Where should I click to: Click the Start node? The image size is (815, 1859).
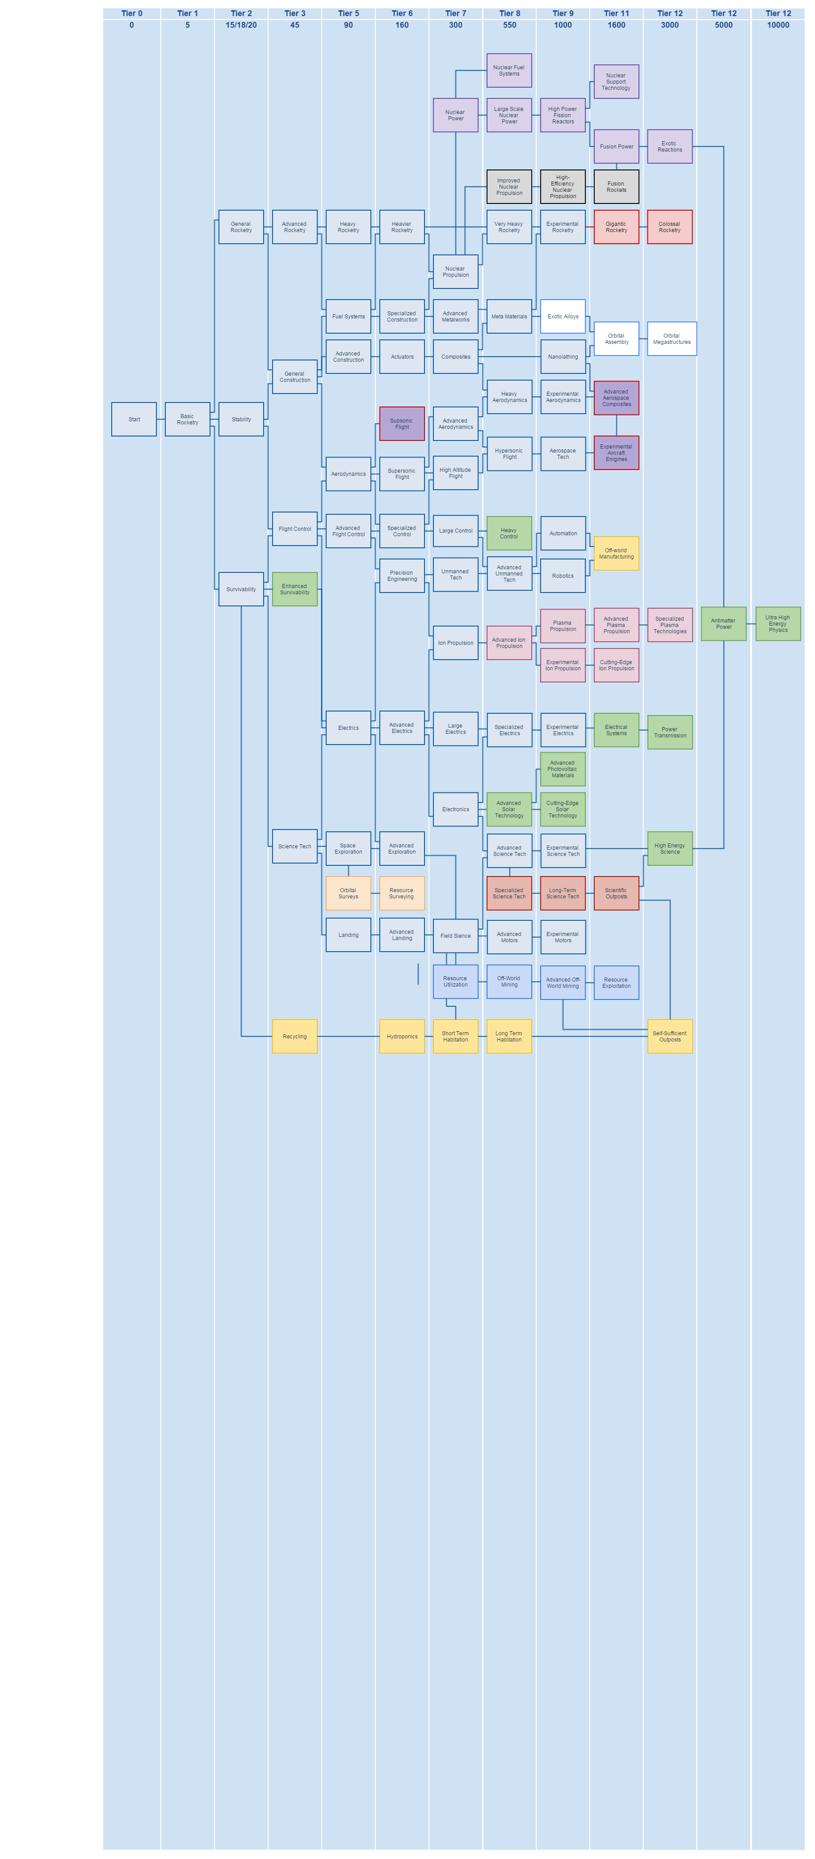(134, 419)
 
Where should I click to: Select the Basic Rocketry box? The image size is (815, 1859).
(188, 419)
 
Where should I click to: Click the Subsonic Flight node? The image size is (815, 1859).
(402, 423)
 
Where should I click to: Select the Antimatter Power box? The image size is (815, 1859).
(723, 623)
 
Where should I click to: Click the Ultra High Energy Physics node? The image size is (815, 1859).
(777, 623)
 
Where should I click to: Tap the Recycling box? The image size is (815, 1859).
(294, 1036)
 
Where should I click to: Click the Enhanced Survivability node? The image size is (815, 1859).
(294, 589)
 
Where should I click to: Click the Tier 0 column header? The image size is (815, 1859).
(131, 13)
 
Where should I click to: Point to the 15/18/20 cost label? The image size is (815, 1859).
(241, 25)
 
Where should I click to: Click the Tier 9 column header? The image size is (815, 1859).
(563, 13)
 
